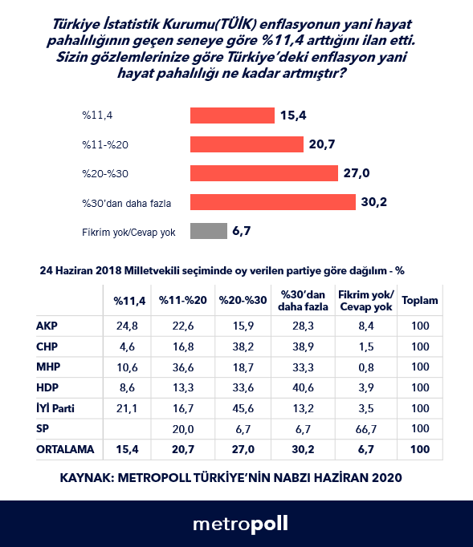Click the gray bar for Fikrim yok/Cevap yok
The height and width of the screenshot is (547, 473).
tap(209, 231)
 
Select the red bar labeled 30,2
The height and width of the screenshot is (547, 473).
tap(273, 202)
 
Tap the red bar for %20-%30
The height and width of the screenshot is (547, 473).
tap(264, 173)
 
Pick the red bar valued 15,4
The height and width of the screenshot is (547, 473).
tap(232, 115)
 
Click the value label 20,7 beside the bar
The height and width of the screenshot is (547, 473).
tap(322, 144)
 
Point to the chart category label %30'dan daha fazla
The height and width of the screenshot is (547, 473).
tap(126, 204)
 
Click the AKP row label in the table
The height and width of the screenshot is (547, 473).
tap(47, 326)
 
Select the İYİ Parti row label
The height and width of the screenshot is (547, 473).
tap(55, 407)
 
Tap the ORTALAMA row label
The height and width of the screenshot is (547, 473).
tap(65, 449)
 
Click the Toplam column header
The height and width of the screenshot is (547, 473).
tap(420, 300)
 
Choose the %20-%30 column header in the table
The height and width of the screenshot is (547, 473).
tap(243, 300)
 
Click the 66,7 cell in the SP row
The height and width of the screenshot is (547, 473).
tap(366, 429)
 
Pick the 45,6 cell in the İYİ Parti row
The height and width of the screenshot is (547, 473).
tap(243, 408)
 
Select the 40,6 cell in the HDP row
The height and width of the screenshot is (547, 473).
tap(304, 387)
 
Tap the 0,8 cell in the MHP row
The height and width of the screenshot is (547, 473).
tap(366, 367)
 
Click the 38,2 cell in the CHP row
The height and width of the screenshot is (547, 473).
tap(243, 346)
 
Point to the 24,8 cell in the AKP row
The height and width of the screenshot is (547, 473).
tap(127, 326)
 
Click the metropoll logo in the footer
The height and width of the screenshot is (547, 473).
tap(241, 525)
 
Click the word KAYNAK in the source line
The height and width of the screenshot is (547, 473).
tap(87, 477)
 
